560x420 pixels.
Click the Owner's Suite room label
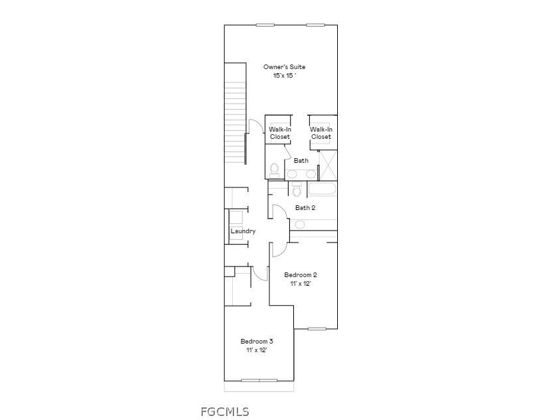pos(284,67)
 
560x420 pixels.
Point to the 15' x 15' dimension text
pos(284,76)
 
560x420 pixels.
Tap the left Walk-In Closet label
pos(279,133)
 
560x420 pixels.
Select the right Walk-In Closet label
pos(321,133)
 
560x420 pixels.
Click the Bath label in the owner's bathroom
pos(301,161)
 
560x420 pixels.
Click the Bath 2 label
pos(305,208)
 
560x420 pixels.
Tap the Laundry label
pos(243,231)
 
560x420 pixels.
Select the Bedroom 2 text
pos(301,275)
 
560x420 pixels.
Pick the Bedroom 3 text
pos(257,342)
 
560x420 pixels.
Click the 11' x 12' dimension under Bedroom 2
pos(301,284)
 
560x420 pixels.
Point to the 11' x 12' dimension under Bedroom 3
pos(257,350)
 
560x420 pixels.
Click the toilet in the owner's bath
pos(275,171)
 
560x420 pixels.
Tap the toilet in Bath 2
pos(297,191)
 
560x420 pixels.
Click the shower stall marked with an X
pos(328,165)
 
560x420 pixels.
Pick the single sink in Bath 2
pos(300,225)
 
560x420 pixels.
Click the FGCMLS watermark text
pos(225,411)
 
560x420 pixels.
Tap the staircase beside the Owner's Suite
pos(235,113)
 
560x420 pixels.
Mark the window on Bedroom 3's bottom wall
pos(259,381)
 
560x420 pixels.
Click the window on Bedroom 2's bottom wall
pos(316,328)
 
